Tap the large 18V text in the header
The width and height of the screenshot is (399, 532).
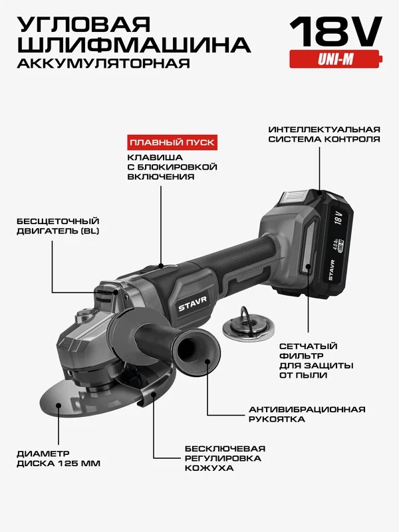coord(336,31)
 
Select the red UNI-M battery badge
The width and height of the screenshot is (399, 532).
coord(336,59)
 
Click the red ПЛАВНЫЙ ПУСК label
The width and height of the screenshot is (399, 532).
coord(172,142)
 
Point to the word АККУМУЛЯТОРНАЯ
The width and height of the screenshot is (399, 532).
coord(104,63)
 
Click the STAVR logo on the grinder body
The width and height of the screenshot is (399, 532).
coord(193,303)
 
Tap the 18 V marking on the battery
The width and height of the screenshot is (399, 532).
coord(338,218)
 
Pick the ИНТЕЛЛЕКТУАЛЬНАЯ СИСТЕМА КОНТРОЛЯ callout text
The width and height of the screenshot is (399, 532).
coord(325,134)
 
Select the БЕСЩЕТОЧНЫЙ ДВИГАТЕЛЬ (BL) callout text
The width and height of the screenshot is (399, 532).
coord(58,226)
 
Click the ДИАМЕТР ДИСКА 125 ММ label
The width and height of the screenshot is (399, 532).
coord(59,458)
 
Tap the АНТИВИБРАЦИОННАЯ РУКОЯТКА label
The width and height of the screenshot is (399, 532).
coord(307,414)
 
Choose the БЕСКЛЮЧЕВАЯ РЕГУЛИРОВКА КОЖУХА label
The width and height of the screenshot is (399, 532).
coord(225,458)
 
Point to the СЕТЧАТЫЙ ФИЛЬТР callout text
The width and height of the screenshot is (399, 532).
coord(317,360)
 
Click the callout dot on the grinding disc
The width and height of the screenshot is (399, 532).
coord(59,405)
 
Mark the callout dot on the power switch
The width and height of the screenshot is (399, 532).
coord(161,265)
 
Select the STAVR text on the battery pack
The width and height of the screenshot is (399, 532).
coord(331,270)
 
